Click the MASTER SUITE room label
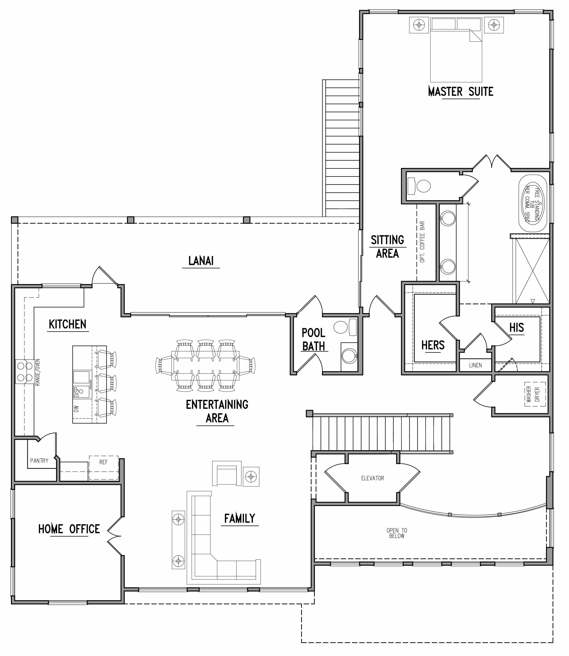point(460,91)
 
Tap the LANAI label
point(201,261)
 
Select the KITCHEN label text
point(68,324)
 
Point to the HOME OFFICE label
point(69,529)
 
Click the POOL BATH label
point(313,340)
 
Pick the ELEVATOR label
point(372,478)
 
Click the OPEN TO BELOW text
point(397,533)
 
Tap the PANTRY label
point(39,460)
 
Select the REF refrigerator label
point(103,462)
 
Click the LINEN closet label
point(475,365)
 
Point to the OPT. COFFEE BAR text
point(422,242)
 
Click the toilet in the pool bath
point(341,327)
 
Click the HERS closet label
point(433,345)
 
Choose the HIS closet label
point(517,328)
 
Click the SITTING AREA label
point(387,246)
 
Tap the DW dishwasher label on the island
point(76,409)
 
